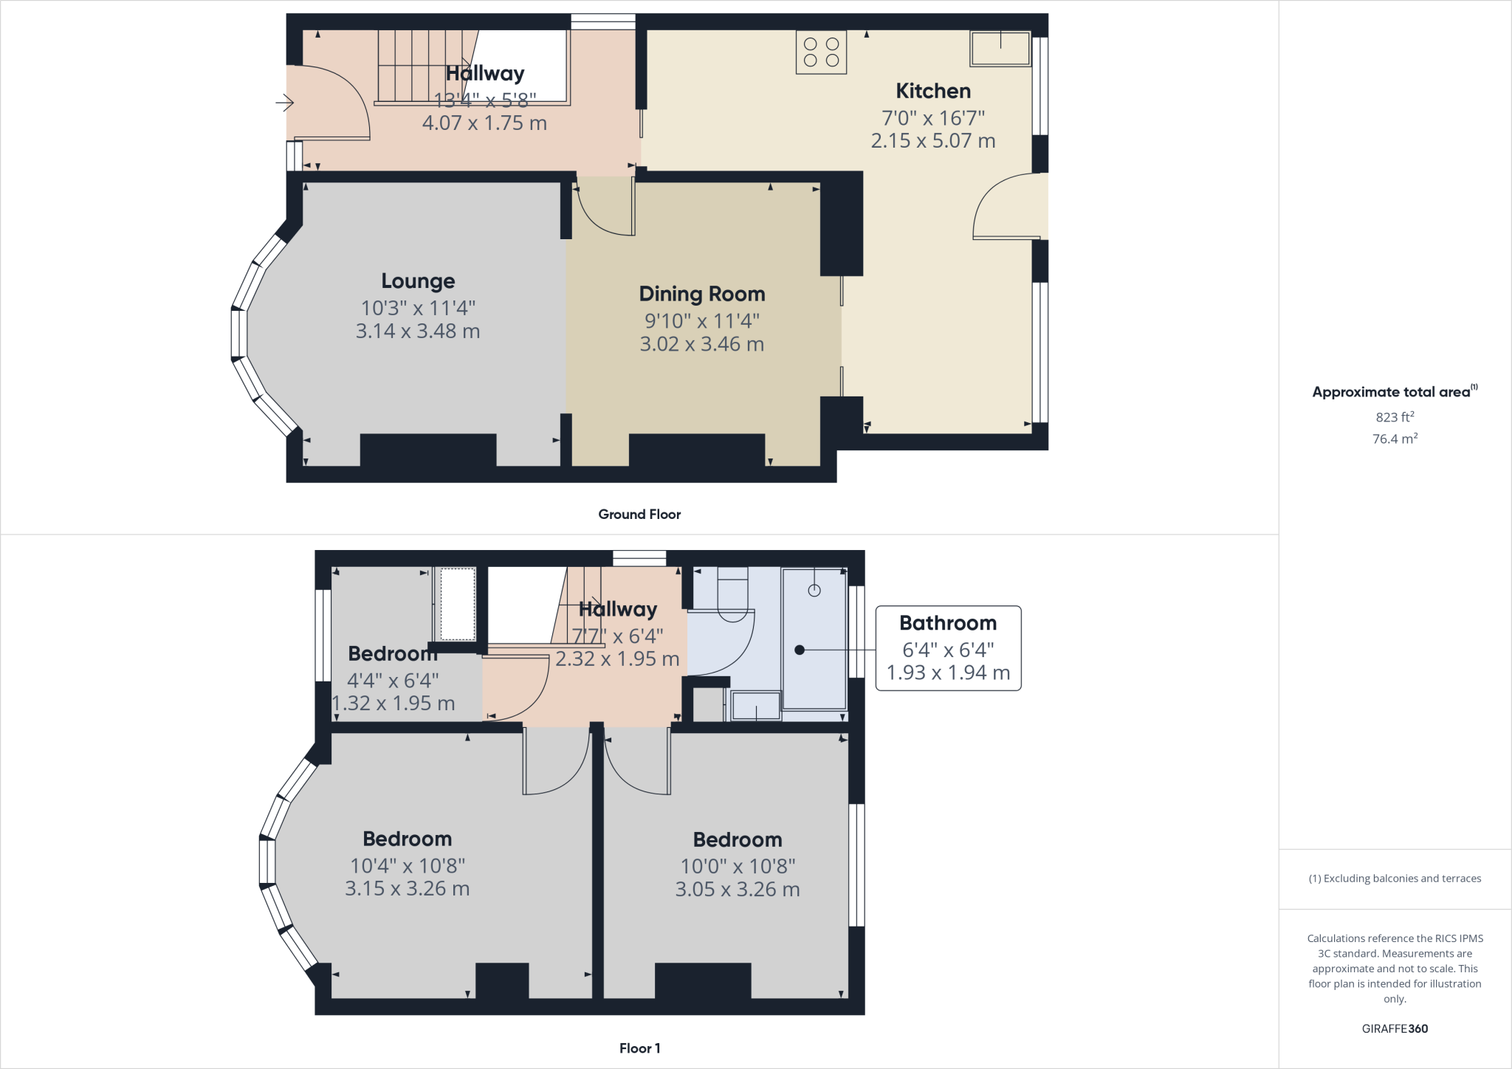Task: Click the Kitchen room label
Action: tap(932, 91)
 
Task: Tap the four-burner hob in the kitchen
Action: tap(821, 52)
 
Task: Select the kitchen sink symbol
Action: tap(1000, 49)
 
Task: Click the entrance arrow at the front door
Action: tap(284, 103)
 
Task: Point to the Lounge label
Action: tap(418, 281)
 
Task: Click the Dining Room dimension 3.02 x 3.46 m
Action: tap(701, 344)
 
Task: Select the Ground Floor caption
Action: tap(639, 515)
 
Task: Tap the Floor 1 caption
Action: tap(639, 1048)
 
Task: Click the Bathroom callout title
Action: tap(948, 623)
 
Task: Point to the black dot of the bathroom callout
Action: tap(799, 650)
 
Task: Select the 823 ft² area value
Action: tap(1395, 417)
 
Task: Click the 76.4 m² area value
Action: tap(1395, 439)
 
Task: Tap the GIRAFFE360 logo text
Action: tap(1395, 1028)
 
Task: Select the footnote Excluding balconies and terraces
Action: tap(1395, 879)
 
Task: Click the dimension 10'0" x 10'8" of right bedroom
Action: tap(738, 866)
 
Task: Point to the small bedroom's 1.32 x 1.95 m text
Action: tap(394, 703)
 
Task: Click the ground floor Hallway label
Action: tap(485, 73)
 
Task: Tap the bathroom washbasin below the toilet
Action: tap(756, 706)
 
